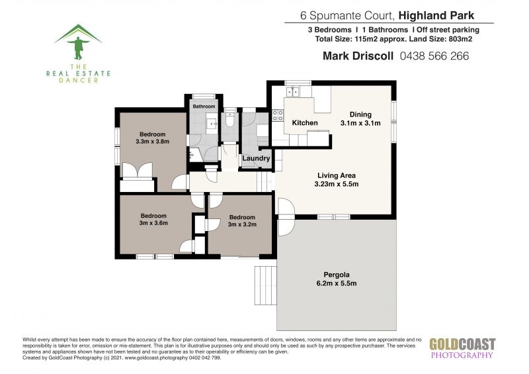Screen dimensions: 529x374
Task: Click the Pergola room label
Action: pos(337,275)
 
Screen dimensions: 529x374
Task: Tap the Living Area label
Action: pos(337,175)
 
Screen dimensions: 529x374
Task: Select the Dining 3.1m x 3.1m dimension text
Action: pos(360,123)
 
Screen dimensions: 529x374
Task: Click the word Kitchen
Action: pos(305,122)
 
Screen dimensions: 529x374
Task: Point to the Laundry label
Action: pos(256,158)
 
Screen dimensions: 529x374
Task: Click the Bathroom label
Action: pos(204,107)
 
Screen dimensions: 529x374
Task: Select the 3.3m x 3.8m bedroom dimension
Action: pos(153,142)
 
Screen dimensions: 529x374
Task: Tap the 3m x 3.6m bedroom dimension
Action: pos(153,223)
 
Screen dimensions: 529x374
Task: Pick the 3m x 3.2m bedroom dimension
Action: pos(242,224)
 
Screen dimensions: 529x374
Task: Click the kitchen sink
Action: pos(292,91)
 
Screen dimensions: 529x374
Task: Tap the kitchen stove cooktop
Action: pos(278,115)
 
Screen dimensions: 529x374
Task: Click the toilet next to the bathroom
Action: pos(230,119)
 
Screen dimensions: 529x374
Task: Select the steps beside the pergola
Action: pos(266,285)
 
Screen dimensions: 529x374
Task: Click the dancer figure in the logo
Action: pos(78,47)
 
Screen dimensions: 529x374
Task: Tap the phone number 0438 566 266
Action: pos(434,56)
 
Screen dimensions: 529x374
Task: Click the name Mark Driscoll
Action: pos(358,56)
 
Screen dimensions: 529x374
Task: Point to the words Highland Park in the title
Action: pos(436,15)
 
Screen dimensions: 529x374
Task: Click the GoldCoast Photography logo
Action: pos(462,348)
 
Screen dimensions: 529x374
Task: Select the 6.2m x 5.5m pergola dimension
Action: pos(337,283)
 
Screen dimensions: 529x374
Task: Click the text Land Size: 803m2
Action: pos(440,39)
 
